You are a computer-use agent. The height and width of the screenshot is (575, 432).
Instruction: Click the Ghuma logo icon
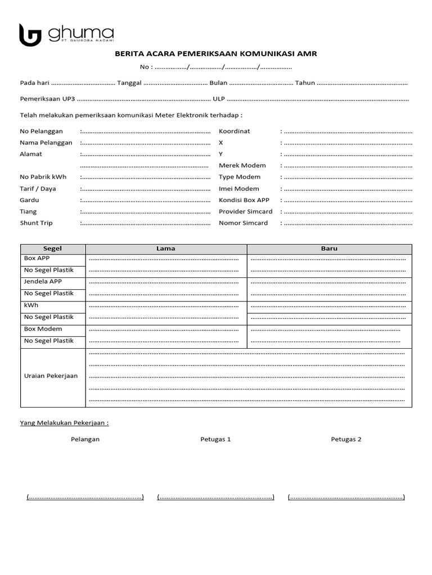pyautogui.click(x=30, y=35)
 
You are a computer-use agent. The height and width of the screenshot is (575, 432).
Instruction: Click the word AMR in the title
pyautogui.click(x=308, y=54)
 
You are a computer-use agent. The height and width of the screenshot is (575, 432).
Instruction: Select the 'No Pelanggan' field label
pyautogui.click(x=41, y=131)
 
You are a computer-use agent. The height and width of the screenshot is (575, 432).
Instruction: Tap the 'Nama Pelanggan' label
pyautogui.click(x=46, y=143)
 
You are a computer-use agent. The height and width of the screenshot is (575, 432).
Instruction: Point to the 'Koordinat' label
pyautogui.click(x=234, y=131)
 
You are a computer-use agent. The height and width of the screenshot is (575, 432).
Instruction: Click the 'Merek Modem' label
pyautogui.click(x=242, y=166)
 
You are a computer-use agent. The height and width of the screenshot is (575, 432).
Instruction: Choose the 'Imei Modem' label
pyautogui.click(x=239, y=189)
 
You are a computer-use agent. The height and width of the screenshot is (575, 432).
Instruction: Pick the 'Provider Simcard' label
pyautogui.click(x=245, y=212)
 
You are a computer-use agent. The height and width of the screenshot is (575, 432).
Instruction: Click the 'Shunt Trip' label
pyautogui.click(x=36, y=223)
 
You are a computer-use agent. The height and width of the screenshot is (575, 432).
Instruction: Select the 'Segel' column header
pyautogui.click(x=52, y=249)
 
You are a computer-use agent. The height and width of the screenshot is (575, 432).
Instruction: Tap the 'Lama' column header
pyautogui.click(x=165, y=249)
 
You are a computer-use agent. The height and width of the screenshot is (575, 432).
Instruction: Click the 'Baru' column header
pyautogui.click(x=329, y=249)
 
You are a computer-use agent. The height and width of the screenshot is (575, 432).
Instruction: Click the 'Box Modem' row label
pyautogui.click(x=43, y=329)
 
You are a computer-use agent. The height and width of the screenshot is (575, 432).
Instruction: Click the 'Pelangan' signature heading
pyautogui.click(x=85, y=439)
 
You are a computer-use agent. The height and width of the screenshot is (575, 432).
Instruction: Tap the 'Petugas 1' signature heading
pyautogui.click(x=215, y=439)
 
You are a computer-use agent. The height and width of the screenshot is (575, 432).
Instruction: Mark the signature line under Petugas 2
pyautogui.click(x=346, y=497)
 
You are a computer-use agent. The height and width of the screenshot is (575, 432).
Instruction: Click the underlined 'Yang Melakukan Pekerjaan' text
pyautogui.click(x=64, y=422)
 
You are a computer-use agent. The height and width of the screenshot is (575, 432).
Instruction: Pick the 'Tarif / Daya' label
pyautogui.click(x=38, y=189)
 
